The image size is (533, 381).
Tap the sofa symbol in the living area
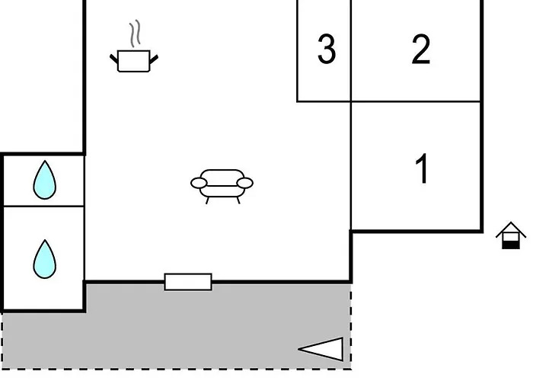(x=222, y=186)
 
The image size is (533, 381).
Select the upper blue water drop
(x=44, y=180)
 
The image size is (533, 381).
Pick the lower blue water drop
(x=44, y=259)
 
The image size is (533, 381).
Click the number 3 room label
(x=327, y=49)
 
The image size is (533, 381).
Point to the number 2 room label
(x=421, y=49)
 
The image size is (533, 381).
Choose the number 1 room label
(x=422, y=168)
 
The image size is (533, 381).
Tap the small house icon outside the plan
(x=511, y=235)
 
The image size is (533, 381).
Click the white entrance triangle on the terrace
(x=321, y=349)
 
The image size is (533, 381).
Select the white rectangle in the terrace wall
(x=188, y=282)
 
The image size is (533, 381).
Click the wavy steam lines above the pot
(x=135, y=33)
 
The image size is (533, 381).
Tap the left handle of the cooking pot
(x=114, y=59)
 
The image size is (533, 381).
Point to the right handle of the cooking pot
(x=154, y=59)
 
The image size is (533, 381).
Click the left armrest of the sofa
(x=199, y=183)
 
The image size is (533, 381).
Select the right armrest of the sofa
(x=244, y=183)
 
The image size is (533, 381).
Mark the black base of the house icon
(x=511, y=245)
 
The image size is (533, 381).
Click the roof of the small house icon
(x=511, y=229)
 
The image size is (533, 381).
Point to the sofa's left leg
(x=207, y=200)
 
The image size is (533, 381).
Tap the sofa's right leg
(x=238, y=200)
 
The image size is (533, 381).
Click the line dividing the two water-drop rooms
(x=44, y=207)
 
